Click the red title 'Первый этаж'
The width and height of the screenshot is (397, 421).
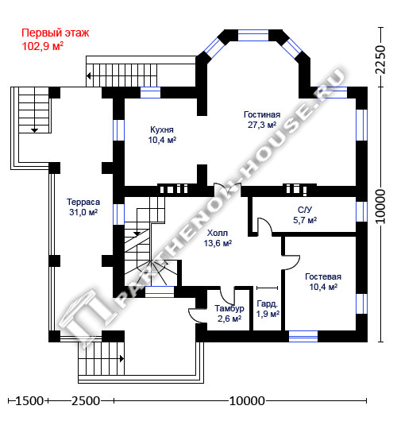click(55, 33)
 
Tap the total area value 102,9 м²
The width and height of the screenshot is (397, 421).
click(42, 46)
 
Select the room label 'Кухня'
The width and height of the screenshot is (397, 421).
click(162, 129)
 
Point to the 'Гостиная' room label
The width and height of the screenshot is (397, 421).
click(262, 114)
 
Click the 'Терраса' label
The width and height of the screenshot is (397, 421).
click(83, 202)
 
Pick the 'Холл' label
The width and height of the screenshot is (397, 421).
click(218, 233)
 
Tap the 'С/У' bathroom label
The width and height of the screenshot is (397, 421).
click(305, 210)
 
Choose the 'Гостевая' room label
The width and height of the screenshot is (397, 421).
click(323, 276)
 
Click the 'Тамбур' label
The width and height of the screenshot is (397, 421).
click(229, 308)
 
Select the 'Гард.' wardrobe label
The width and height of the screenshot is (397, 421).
click(268, 303)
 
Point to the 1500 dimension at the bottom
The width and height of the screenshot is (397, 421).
click(29, 401)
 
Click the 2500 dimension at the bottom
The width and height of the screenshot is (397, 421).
click(86, 401)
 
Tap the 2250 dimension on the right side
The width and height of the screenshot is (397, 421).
click(380, 60)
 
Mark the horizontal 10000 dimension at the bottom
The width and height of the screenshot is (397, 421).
click(247, 401)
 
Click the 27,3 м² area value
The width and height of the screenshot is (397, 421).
click(262, 125)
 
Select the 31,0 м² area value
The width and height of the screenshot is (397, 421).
click(83, 212)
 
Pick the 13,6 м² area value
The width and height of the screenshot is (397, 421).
click(218, 243)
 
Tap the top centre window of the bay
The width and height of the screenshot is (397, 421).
click(253, 36)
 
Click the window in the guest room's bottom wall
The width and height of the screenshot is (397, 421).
click(303, 336)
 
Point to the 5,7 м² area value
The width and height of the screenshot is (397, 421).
click(305, 220)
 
